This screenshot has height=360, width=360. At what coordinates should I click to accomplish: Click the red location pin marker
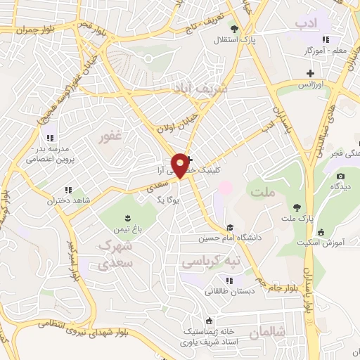(x=181, y=165)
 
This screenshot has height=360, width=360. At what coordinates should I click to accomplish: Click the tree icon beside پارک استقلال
(x=234, y=30)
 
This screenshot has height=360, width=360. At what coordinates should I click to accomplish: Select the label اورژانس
(x=310, y=84)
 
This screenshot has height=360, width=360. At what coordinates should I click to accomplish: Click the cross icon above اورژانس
(x=310, y=73)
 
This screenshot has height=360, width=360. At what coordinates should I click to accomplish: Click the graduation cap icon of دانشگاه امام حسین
(x=230, y=227)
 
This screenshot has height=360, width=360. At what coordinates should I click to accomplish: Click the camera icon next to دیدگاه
(x=341, y=176)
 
